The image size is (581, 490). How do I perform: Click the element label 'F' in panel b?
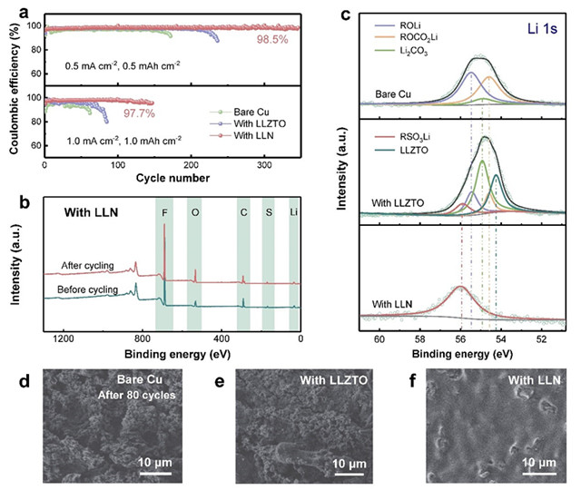pos(163,214)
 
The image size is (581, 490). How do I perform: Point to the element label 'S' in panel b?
pos(268,214)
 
